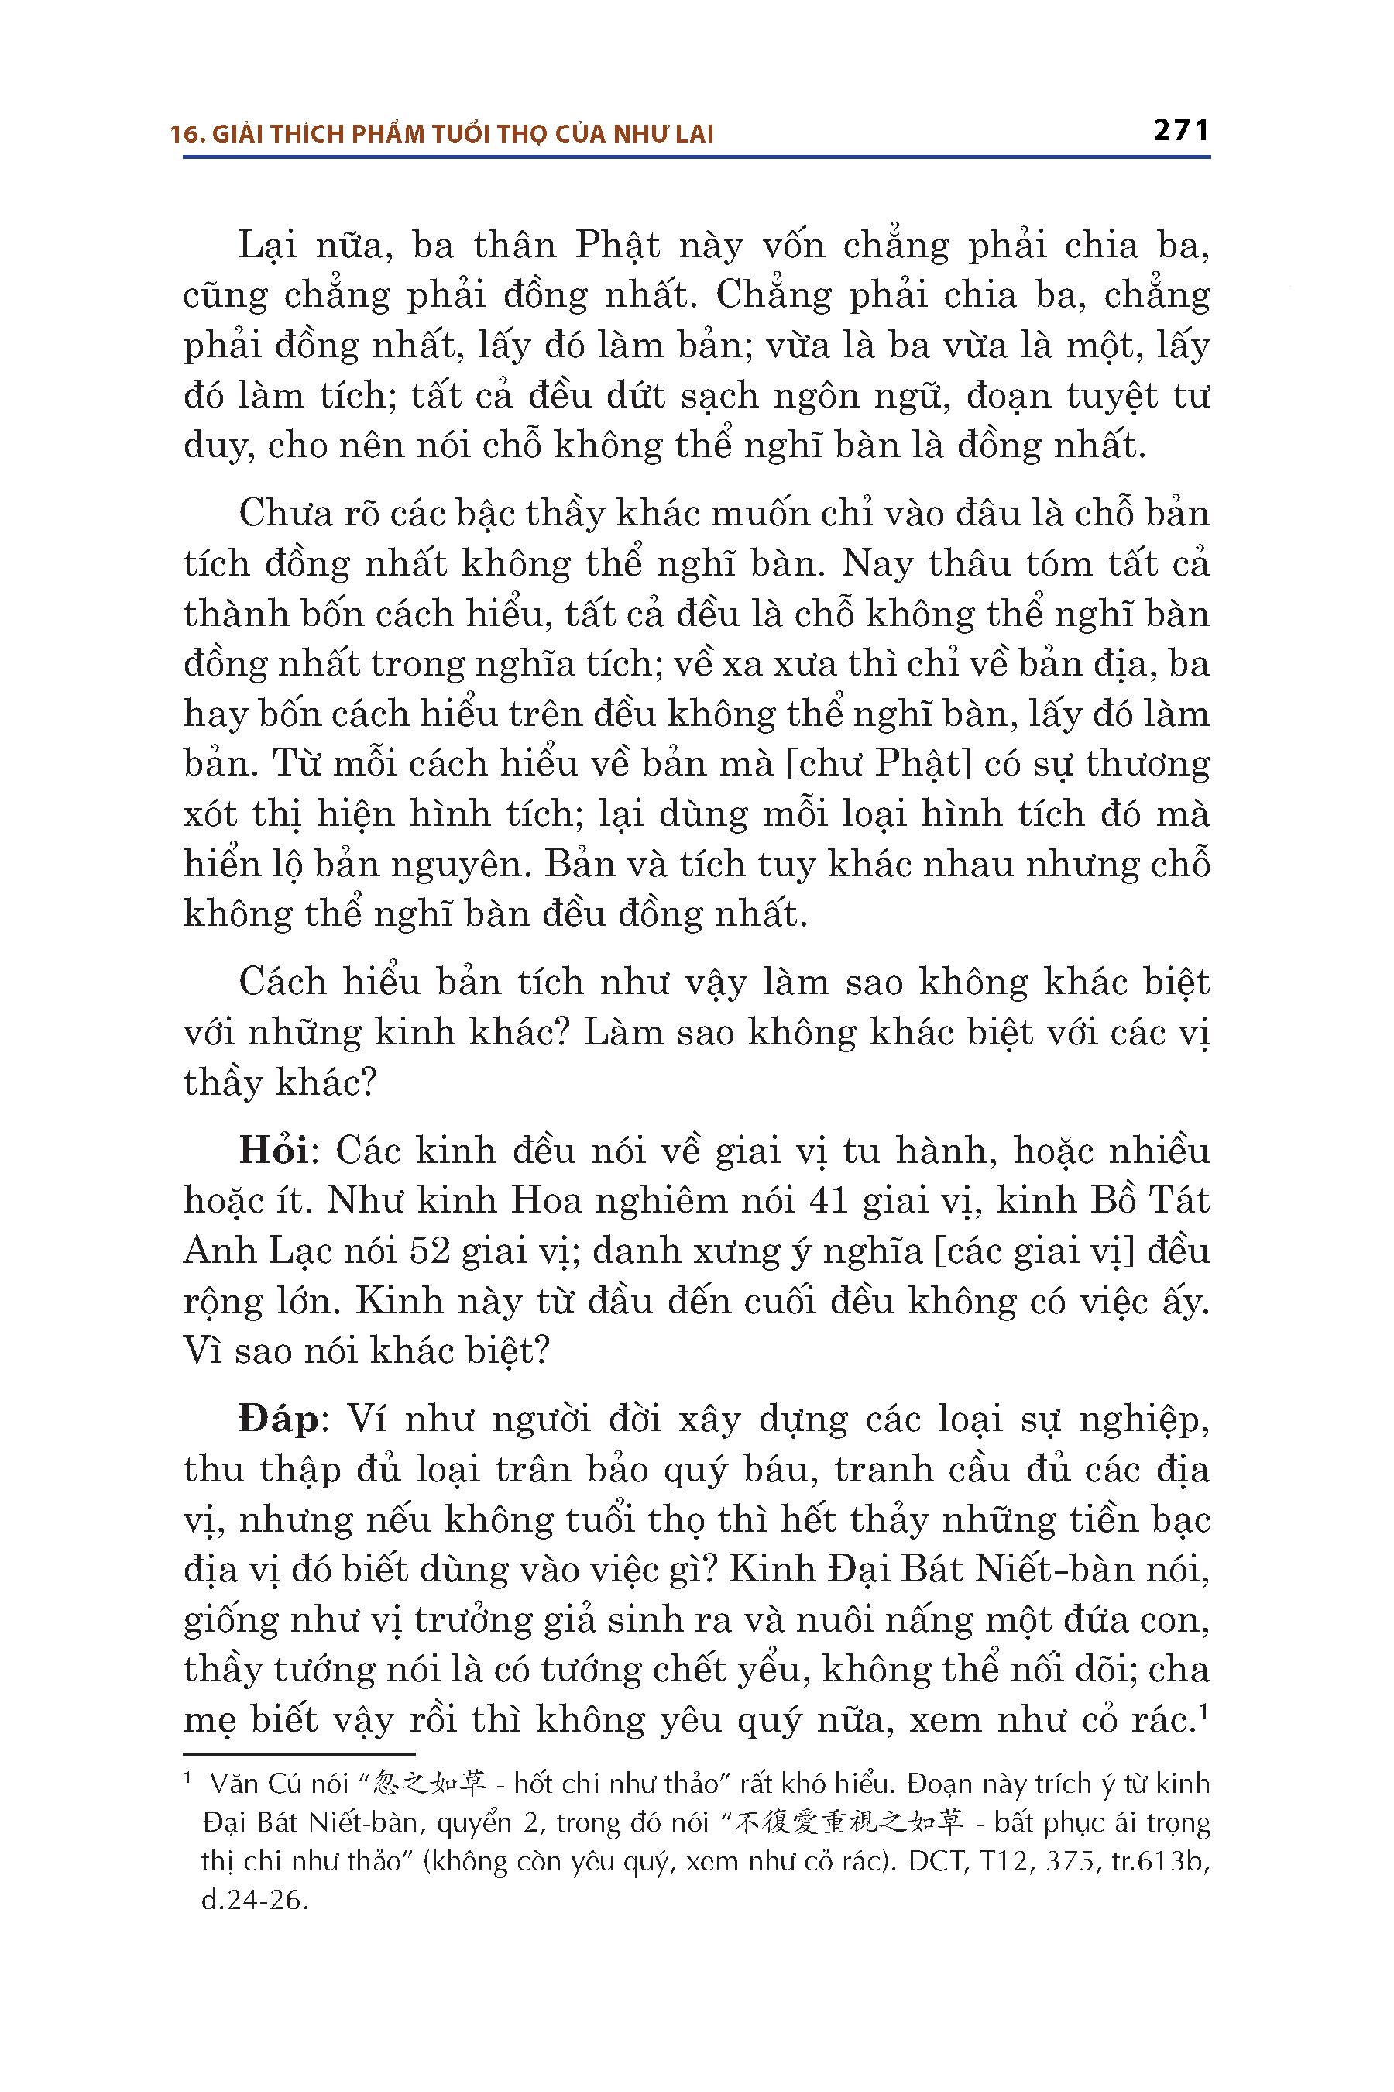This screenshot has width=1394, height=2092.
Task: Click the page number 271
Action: [x=1180, y=131]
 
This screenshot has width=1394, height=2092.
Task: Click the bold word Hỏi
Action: [x=273, y=1151]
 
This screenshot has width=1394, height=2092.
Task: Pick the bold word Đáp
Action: [x=278, y=1419]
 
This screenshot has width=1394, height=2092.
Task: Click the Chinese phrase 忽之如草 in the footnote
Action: [x=429, y=1783]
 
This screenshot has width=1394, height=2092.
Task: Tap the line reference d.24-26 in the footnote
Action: [x=254, y=1900]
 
